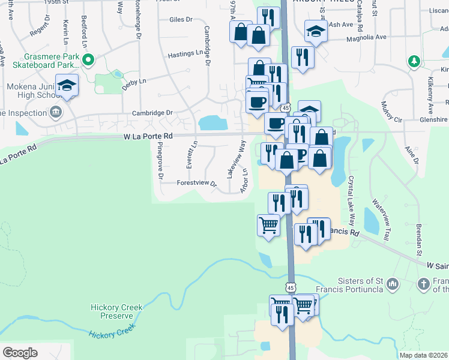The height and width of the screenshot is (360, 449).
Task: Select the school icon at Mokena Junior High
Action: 67,85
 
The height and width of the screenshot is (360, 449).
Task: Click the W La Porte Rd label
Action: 148,137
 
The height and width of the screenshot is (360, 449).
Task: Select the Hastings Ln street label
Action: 185,53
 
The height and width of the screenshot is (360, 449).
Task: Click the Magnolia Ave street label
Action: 366,37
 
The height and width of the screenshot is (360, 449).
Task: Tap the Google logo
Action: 20,352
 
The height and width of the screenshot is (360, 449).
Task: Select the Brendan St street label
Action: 420,235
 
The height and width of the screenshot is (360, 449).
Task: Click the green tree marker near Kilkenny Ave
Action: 414,61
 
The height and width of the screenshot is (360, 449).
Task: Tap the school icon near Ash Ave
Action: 315,31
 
